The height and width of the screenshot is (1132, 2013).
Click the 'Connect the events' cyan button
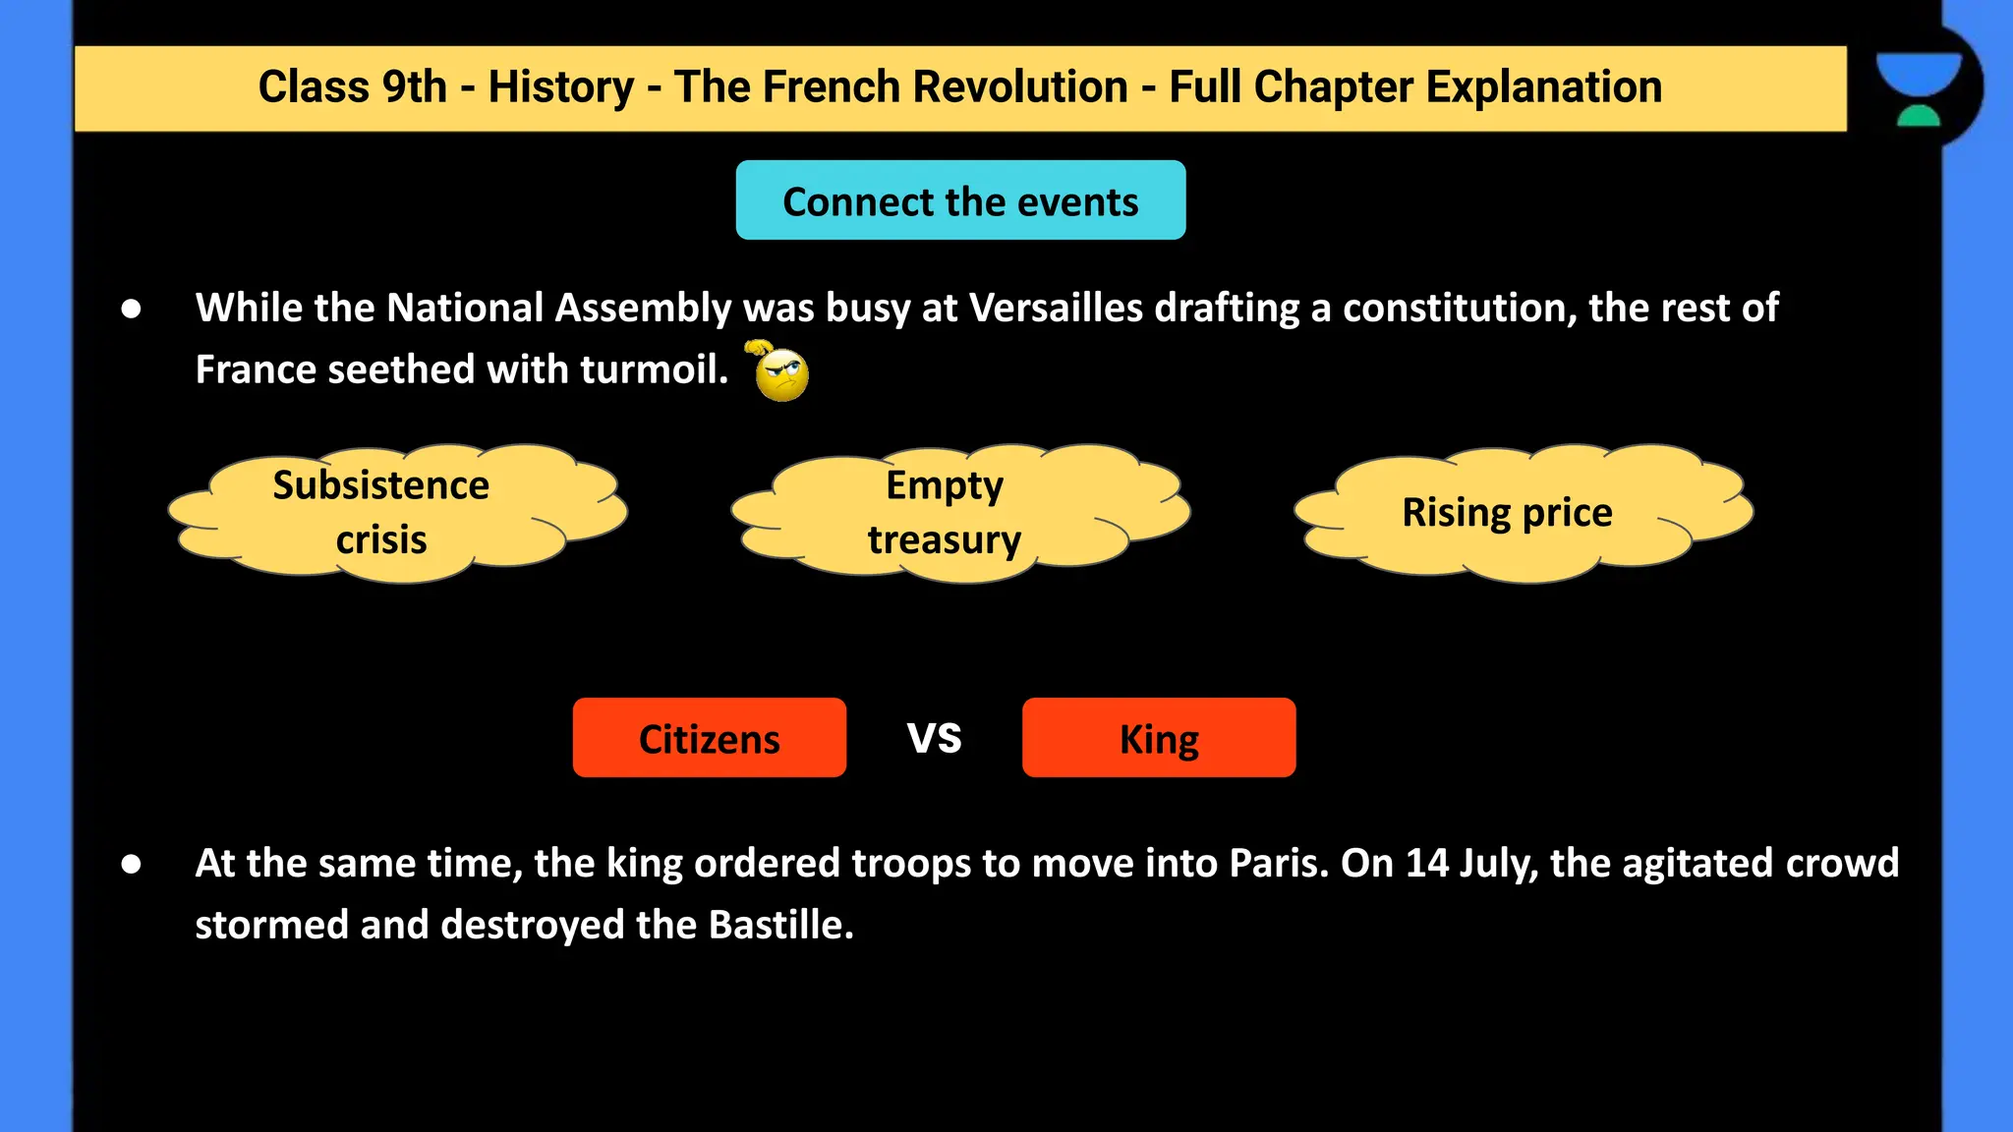pos(960,200)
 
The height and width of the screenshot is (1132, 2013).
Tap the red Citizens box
pos(709,738)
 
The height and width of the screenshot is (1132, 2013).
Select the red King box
pos(1158,738)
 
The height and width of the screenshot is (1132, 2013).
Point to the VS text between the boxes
pos(934,737)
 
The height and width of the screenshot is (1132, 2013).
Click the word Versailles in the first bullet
pos(1056,309)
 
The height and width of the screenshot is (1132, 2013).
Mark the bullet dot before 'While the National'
pos(131,310)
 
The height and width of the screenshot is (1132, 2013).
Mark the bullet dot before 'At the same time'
pos(131,865)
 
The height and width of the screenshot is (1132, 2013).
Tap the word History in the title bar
pos(560,87)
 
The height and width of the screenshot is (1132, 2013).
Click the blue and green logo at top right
pos(1918,88)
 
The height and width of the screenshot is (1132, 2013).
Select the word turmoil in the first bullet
pos(653,370)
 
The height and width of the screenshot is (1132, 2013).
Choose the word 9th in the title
pos(414,87)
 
